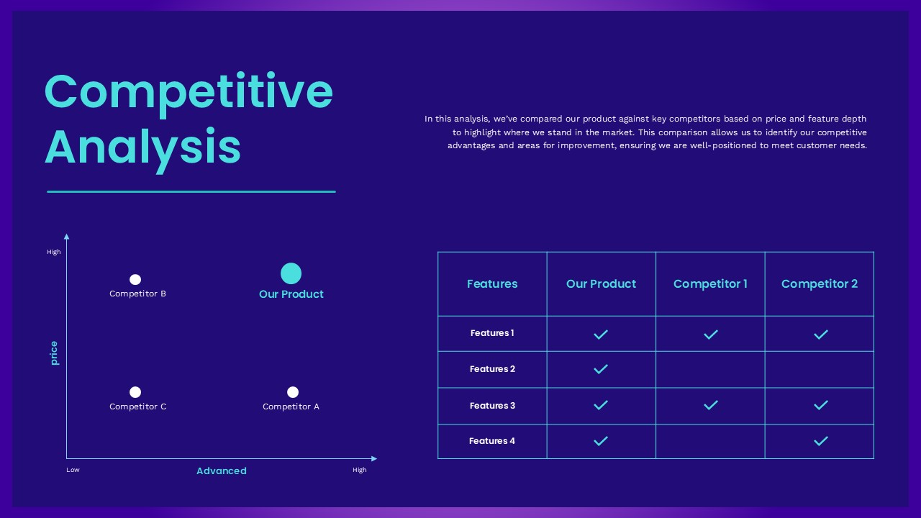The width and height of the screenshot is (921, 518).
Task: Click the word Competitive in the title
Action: click(x=189, y=92)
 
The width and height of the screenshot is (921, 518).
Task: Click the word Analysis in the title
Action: click(x=142, y=147)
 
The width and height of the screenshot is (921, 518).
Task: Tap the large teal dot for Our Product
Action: click(x=291, y=273)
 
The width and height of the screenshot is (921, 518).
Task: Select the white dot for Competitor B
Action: click(x=135, y=279)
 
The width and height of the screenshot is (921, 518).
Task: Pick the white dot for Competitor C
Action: click(x=135, y=392)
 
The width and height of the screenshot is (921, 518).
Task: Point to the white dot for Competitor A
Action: click(x=293, y=392)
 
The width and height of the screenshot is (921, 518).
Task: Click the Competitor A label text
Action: click(x=291, y=406)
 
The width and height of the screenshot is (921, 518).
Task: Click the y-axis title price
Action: click(x=54, y=353)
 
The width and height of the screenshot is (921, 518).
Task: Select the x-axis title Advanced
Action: click(x=222, y=471)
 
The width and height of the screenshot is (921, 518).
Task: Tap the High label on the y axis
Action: click(x=54, y=252)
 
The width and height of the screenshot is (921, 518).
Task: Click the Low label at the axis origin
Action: click(x=73, y=470)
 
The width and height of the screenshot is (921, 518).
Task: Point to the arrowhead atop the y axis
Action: click(x=67, y=236)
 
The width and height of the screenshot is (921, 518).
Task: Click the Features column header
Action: click(x=492, y=283)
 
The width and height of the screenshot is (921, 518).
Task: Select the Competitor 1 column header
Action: click(x=710, y=283)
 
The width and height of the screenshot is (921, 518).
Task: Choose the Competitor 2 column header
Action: click(x=820, y=283)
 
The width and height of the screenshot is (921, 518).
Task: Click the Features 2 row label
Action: click(x=492, y=369)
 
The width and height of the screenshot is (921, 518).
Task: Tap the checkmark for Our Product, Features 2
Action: click(x=601, y=369)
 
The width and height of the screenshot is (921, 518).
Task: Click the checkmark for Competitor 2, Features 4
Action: click(x=820, y=441)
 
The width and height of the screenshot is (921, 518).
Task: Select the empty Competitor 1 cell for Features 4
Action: click(x=710, y=441)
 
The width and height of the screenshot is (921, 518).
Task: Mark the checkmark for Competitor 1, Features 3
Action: click(x=711, y=405)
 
